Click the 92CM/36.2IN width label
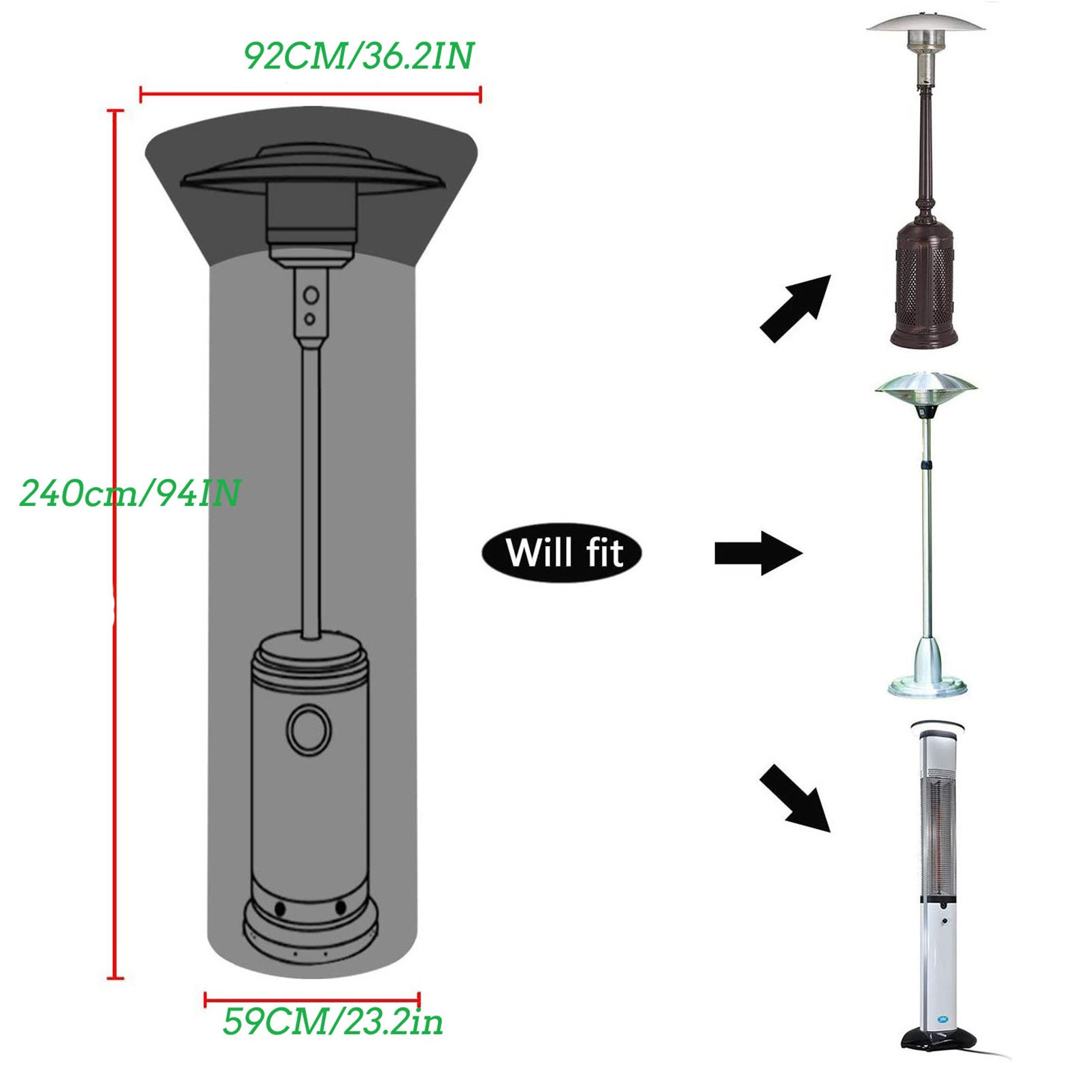click(x=358, y=56)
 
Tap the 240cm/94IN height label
click(x=130, y=492)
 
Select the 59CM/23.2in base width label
click(x=333, y=1021)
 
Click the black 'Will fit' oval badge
click(x=562, y=552)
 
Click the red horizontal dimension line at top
click(x=310, y=95)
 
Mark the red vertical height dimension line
click(x=116, y=544)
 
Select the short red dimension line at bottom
click(x=312, y=1000)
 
